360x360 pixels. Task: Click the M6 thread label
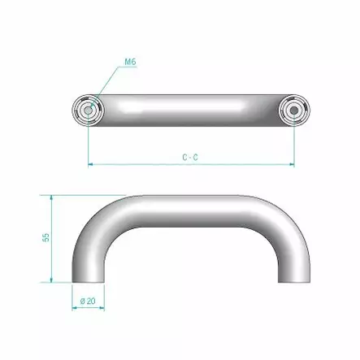130,60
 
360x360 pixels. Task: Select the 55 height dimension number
46,237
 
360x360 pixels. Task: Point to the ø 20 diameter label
89,301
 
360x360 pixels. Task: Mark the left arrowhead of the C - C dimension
90,164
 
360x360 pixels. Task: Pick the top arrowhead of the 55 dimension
53,197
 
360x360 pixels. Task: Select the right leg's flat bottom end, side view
294,281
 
